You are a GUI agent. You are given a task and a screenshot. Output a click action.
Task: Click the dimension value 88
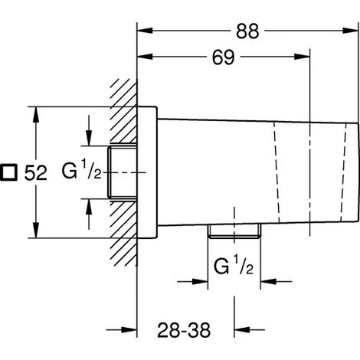point(247,31)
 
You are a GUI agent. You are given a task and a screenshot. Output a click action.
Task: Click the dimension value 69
point(223,57)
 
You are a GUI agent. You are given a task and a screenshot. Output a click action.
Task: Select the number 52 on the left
point(36,173)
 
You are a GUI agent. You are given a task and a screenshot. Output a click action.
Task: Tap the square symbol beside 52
point(8,172)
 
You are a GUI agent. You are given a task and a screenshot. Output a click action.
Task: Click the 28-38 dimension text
point(184,330)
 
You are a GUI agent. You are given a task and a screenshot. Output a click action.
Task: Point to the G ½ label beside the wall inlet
point(81,169)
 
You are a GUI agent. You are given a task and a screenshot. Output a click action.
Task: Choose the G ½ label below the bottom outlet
point(234,266)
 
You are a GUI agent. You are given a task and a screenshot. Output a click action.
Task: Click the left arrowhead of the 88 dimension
point(145,31)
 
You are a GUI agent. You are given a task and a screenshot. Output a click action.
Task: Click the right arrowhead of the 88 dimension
point(350,31)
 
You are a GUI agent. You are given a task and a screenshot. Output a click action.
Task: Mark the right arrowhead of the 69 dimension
point(302,57)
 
